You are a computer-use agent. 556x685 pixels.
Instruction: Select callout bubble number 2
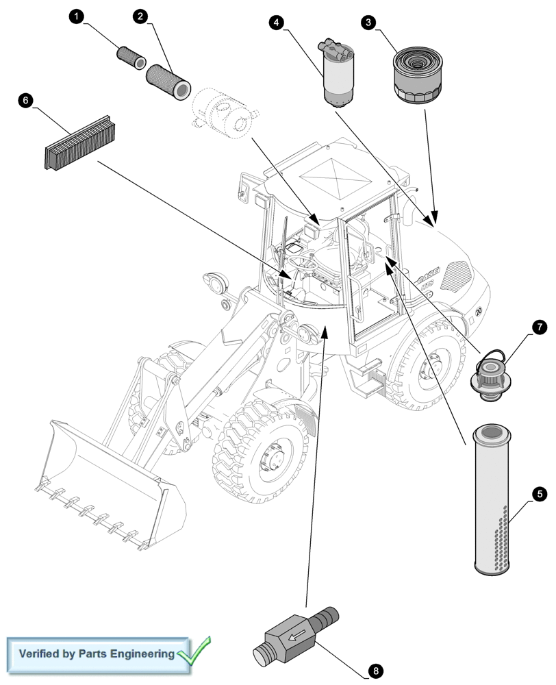pos(141,16)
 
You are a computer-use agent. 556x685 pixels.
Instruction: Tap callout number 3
pos(369,23)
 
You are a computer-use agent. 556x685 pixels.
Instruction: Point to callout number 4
pos(276,22)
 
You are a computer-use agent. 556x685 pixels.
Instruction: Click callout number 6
pos(25,101)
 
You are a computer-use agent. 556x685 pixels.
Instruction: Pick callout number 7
pos(539,329)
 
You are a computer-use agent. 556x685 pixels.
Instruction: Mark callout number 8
pos(375,669)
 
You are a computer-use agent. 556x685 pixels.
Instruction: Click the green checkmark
pos(194,651)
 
